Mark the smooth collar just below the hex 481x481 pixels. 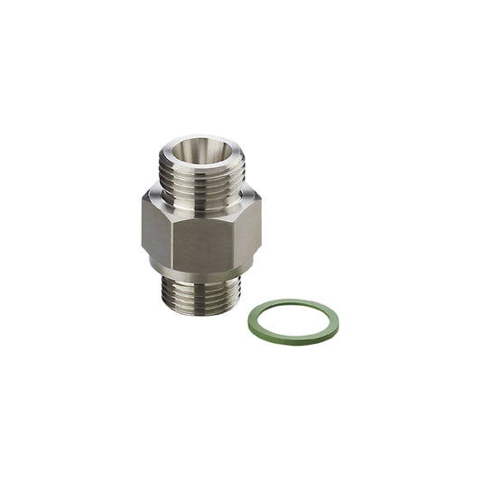click(199, 269)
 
